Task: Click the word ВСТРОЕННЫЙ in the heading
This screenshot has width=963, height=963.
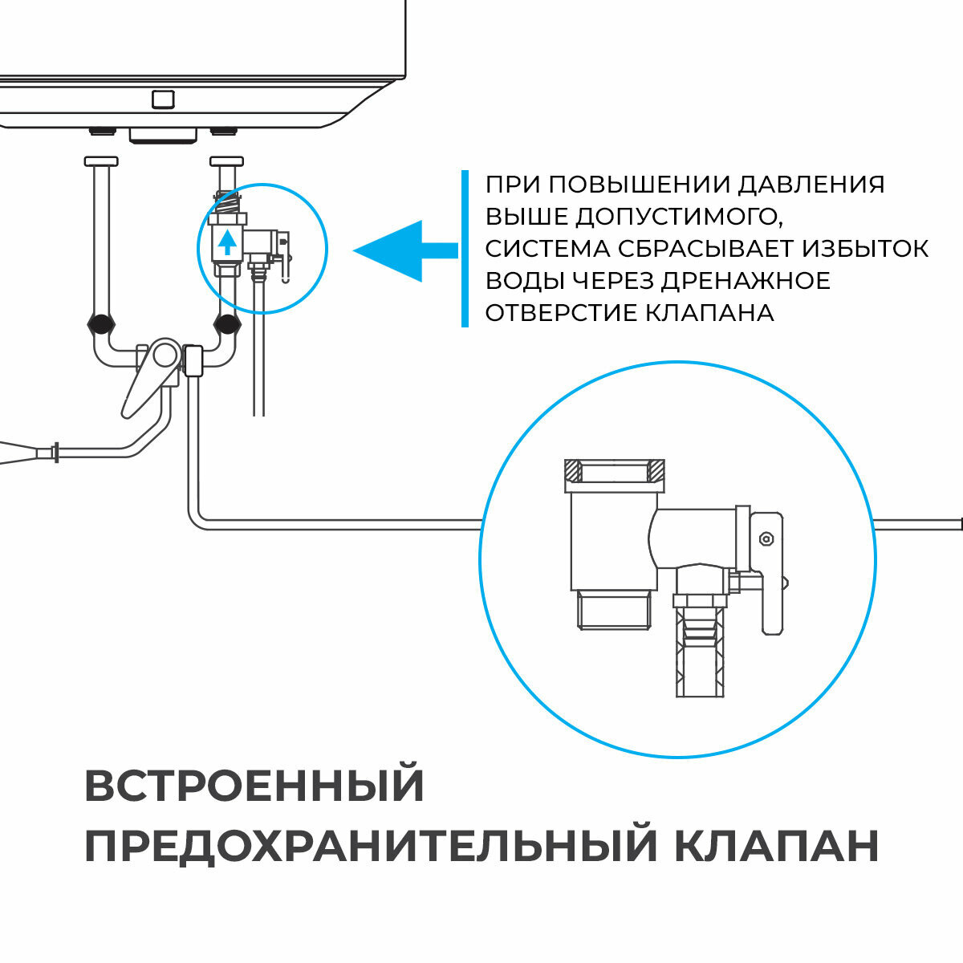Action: pos(254,786)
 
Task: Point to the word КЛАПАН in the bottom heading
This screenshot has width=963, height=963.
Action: pos(776,846)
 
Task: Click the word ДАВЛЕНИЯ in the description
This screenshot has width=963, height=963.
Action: pos(811,185)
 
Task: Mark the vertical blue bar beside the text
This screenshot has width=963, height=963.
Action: pos(465,248)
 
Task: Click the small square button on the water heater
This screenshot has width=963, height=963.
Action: pos(163,99)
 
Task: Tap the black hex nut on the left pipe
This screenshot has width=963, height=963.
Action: pos(100,325)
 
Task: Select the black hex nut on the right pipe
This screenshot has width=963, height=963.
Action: pos(227,325)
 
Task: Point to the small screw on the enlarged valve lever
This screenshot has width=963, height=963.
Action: pos(766,538)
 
